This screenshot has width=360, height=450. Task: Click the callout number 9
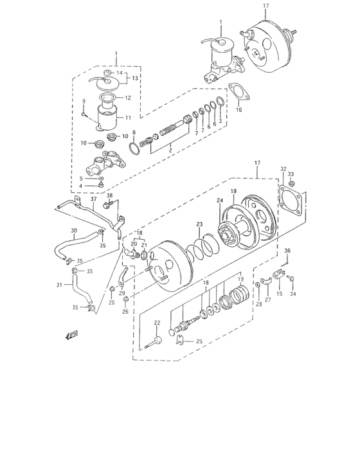pyautogui.click(x=83, y=102)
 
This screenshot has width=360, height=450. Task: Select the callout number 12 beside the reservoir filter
pyautogui.click(x=127, y=98)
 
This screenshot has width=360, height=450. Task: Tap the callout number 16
pyautogui.click(x=239, y=110)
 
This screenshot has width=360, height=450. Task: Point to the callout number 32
pyautogui.click(x=283, y=169)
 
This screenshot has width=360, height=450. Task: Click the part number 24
pyautogui.click(x=219, y=201)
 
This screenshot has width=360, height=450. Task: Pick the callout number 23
pyautogui.click(x=199, y=224)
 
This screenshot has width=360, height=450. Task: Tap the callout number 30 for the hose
pyautogui.click(x=73, y=231)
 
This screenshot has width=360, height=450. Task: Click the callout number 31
pyautogui.click(x=59, y=285)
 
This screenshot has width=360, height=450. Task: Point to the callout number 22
pyautogui.click(x=157, y=323)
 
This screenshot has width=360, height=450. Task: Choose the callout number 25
pyautogui.click(x=199, y=341)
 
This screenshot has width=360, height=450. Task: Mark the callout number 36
pyautogui.click(x=287, y=251)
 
